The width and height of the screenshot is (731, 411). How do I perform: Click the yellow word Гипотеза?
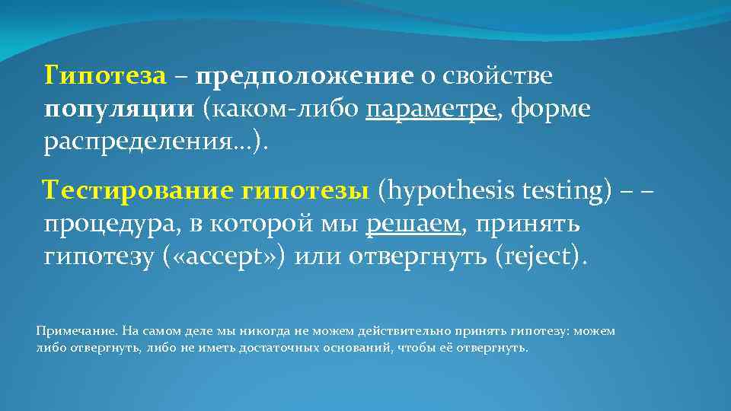tap(104, 76)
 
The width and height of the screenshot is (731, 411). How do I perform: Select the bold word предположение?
tap(304, 76)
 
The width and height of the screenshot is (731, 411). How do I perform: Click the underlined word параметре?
tap(431, 110)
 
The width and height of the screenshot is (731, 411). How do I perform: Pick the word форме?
tap(551, 110)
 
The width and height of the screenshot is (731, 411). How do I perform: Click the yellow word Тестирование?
tap(137, 190)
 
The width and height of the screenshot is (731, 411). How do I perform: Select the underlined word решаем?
tap(413, 224)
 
